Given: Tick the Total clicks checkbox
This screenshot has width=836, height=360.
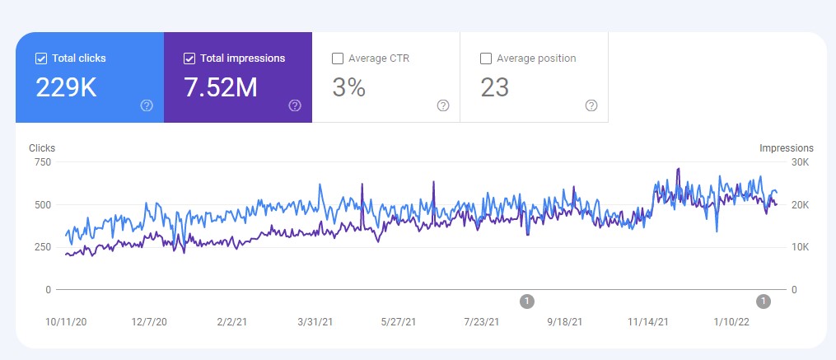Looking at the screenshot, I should coord(41,58).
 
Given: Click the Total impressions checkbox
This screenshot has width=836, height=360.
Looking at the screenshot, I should coord(189,58).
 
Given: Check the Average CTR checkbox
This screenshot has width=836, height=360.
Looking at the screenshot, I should coord(337,58).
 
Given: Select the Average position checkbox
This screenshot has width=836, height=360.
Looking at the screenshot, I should coord(485,58).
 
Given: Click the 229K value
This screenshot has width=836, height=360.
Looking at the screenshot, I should coord(66,88).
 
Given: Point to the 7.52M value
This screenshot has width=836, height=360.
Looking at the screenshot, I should coord(221,88).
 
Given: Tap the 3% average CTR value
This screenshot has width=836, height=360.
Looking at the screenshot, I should coord(348,88).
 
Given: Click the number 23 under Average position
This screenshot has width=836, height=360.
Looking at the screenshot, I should coord(495,88).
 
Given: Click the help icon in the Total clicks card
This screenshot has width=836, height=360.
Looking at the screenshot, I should coord(147,105).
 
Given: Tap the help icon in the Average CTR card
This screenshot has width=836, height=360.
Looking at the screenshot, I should coord(443,105).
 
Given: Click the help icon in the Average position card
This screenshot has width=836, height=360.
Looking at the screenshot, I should coord(591,105).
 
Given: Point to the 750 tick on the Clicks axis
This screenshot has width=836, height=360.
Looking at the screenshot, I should coord(42,162).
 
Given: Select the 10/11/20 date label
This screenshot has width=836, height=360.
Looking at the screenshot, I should coord(65,322).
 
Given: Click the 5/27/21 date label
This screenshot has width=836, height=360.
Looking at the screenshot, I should coord(399,322).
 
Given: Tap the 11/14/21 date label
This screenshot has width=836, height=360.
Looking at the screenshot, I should coord(647,322).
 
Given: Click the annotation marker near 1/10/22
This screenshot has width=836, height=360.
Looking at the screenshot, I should coord(764,302).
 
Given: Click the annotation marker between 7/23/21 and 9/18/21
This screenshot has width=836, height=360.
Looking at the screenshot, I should coord(527,302).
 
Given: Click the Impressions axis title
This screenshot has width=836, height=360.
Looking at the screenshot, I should coord(786,148).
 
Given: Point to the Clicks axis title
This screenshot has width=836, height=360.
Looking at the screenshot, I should coord(42,148).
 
